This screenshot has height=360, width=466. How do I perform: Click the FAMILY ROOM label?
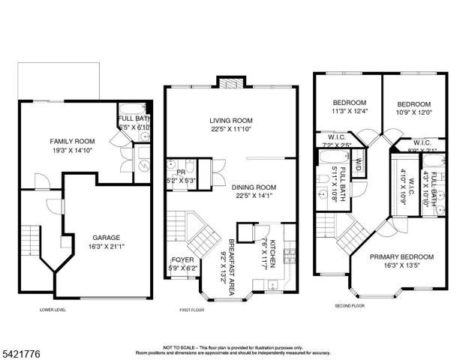(72, 141)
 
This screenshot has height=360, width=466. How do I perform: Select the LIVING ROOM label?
(230, 120)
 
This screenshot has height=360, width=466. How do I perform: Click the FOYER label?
(182, 259)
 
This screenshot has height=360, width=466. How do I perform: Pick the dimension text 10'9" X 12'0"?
(413, 112)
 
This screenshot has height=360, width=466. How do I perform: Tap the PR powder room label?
(170, 161)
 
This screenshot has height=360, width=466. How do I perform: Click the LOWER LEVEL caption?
(53, 309)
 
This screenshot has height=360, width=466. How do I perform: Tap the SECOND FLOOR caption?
(350, 306)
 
